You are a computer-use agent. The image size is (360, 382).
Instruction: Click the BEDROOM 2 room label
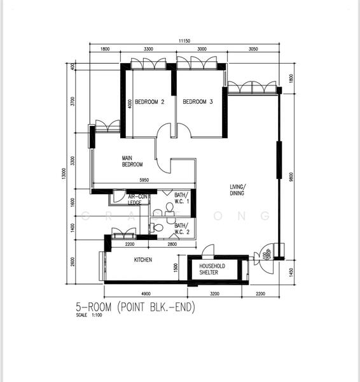[149, 102]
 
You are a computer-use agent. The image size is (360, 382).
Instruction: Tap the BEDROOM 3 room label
[198, 102]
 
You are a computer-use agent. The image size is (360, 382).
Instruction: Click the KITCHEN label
[142, 260]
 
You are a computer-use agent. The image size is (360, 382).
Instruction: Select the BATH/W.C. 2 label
[181, 229]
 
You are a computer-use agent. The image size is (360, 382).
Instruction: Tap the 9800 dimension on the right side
[292, 176]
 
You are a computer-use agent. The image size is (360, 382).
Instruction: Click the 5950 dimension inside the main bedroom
[144, 181]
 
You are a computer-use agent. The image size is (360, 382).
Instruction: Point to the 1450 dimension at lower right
[292, 272]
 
